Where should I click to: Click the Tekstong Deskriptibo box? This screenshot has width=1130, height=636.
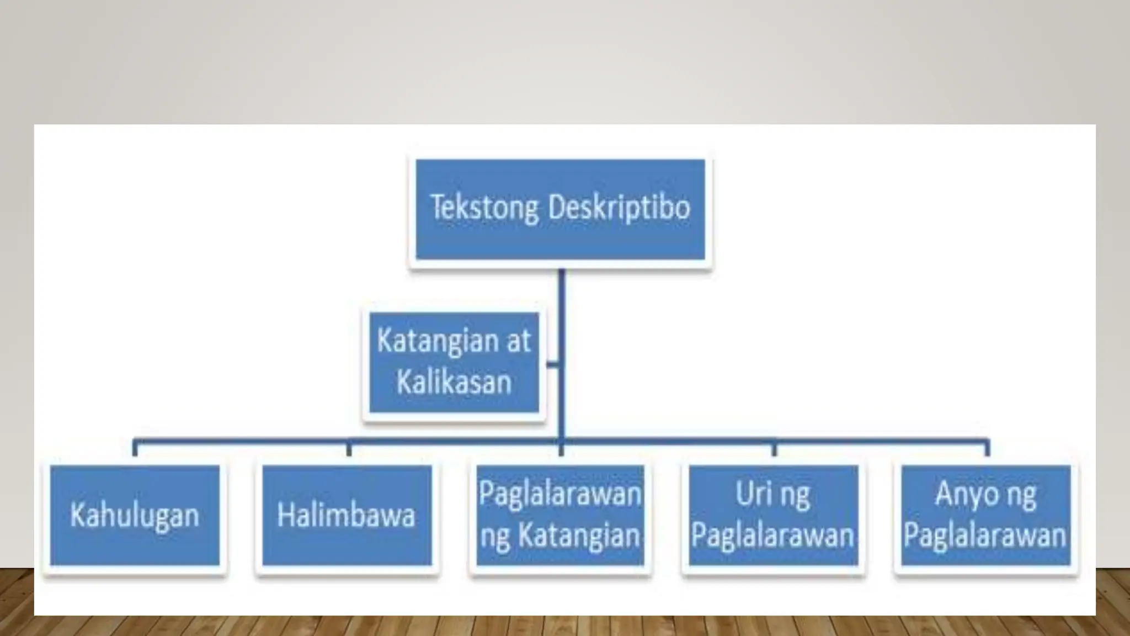coord(560,209)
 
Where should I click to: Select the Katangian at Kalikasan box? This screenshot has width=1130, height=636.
coord(454,362)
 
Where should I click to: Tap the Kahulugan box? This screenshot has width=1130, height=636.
coord(135,515)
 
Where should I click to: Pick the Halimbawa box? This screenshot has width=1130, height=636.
coord(347,515)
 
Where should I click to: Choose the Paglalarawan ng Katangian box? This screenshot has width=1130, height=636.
coord(560,515)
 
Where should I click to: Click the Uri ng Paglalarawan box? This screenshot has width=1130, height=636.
coord(773,515)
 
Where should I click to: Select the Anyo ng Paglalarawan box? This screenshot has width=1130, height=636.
coord(985,515)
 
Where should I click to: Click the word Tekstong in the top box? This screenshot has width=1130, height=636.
coord(484,208)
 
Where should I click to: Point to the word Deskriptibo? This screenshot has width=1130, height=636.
coord(619,208)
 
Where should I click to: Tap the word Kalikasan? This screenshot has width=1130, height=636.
coord(454,382)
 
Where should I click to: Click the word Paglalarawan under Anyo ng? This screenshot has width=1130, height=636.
coord(985,536)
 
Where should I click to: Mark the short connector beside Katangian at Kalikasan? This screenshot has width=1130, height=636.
coord(552,364)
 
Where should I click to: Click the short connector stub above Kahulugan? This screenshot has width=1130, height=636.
coord(135,448)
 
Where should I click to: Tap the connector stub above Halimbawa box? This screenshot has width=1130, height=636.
coord(348,448)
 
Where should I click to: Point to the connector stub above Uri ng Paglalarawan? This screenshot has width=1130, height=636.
coord(774,448)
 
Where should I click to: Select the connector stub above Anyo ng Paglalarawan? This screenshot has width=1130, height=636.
coord(987,448)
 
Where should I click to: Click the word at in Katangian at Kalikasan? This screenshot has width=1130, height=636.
coord(518,341)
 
